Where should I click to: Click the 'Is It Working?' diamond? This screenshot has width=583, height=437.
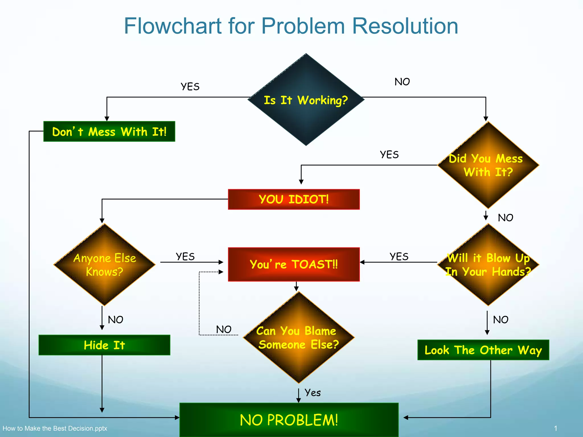coord(306,100)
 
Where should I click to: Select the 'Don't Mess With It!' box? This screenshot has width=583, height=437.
coord(109,131)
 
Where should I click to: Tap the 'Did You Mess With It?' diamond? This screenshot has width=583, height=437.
coord(488,165)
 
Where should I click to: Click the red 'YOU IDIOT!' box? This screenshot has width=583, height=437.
coord(294,199)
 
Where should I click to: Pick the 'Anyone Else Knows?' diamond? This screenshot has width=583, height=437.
coord(104,265)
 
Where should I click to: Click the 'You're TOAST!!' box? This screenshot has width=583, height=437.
coord(294,264)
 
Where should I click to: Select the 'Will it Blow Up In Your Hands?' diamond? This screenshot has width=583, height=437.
coord(488,265)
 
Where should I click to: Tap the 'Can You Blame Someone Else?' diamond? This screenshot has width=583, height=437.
coord(298,337)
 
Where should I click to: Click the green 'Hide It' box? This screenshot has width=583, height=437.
coord(104,345)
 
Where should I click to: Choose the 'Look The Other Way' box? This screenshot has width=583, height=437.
coord(483,350)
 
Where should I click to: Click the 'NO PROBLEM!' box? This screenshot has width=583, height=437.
coord(289,420)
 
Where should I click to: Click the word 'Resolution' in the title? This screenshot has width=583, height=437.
coord(405,26)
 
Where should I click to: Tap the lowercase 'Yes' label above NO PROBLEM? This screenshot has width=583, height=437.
coord(312,393)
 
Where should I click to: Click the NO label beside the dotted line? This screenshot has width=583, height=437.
coord(224,329)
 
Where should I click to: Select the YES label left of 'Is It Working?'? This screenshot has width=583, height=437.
coord(190,86)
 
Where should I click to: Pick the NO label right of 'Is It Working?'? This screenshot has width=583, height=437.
coord(402,82)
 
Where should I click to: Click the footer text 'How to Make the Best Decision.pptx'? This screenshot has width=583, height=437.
coord(55,428)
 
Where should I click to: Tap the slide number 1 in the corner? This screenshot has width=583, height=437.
coord(555,428)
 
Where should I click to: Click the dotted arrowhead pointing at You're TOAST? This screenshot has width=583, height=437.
coord(221,272)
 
